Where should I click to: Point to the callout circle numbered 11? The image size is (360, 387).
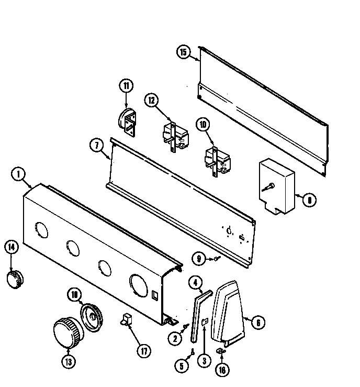pyautogui.click(x=126, y=85)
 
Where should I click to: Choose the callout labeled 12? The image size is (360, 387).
pyautogui.click(x=151, y=101)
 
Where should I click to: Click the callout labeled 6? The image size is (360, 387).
pyautogui.click(x=257, y=323)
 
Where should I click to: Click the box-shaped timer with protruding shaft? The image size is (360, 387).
pyautogui.click(x=277, y=185)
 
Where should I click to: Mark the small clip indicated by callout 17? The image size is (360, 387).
pyautogui.click(x=127, y=319)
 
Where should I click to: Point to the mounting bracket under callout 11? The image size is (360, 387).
pyautogui.click(x=128, y=118)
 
